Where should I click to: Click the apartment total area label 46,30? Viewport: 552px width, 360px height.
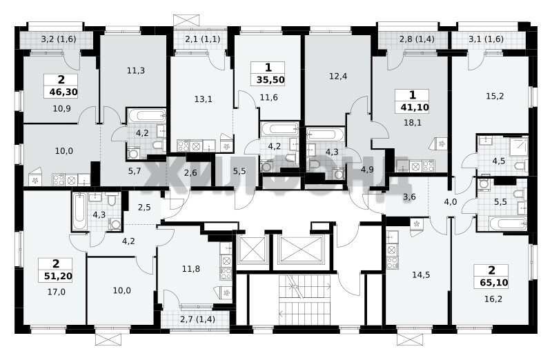(63, 92)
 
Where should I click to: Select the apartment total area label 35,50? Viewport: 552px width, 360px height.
(270, 80)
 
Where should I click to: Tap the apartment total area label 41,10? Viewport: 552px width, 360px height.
(415, 107)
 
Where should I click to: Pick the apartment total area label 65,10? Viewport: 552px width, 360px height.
(494, 283)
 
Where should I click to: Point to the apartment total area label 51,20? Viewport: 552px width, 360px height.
(58, 277)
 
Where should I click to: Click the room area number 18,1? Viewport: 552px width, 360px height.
(413, 123)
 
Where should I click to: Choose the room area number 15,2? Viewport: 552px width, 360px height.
(495, 96)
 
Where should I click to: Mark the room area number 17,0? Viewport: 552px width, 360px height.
(57, 292)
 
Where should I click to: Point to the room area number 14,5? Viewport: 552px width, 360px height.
(421, 275)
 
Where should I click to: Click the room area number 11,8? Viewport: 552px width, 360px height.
(191, 269)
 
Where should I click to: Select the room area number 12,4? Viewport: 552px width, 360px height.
(338, 76)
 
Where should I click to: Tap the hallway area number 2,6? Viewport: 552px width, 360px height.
(190, 173)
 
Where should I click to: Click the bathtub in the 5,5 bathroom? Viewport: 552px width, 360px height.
(508, 223)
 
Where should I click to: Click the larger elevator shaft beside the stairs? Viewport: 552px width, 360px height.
(300, 250)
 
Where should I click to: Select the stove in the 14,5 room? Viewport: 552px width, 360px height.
(391, 262)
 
